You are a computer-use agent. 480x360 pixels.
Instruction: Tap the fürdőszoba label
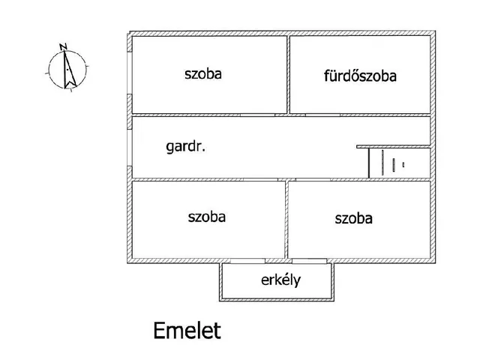click(360, 76)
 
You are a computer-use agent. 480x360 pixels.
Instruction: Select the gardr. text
click(185, 147)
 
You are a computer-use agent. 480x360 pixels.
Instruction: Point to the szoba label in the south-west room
click(206, 217)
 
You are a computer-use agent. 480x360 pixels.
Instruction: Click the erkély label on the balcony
click(280, 280)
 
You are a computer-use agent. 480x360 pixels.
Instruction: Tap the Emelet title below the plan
click(187, 330)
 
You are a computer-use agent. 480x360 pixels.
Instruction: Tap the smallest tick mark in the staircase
click(403, 163)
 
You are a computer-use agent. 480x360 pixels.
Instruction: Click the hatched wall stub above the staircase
click(393, 146)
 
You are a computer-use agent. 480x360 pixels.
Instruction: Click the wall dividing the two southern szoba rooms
click(286, 218)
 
